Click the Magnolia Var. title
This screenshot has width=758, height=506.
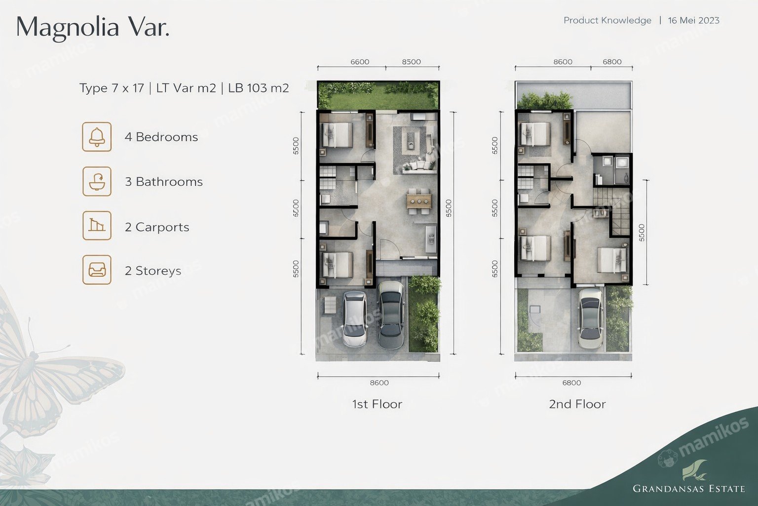[93, 28]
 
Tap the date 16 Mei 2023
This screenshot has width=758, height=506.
[694, 21]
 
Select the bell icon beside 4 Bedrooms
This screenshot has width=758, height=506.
[97, 136]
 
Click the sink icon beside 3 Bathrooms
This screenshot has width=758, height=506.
[97, 181]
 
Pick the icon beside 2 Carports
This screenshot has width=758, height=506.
[97, 225]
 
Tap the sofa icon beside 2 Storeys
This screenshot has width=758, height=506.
[97, 270]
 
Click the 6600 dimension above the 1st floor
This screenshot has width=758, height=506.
[360, 62]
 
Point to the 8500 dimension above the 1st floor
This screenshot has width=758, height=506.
[412, 62]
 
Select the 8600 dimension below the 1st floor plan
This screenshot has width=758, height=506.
[379, 382]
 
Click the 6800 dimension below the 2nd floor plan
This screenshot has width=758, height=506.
[571, 382]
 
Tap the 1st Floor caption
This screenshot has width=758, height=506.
[377, 404]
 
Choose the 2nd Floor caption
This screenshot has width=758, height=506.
[577, 404]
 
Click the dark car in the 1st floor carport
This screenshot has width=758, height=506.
[391, 315]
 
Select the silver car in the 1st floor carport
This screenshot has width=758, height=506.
[355, 319]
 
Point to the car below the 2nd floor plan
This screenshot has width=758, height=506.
[590, 319]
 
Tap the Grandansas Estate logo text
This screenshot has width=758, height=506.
[688, 489]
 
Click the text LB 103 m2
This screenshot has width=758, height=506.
[259, 88]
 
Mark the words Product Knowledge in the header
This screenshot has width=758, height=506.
[607, 21]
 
